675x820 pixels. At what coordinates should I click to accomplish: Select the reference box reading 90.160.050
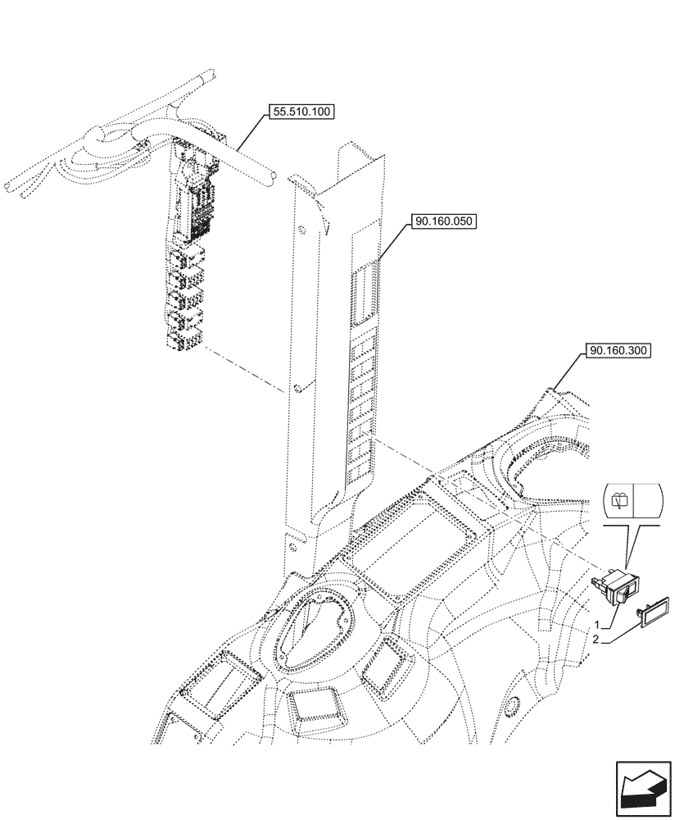pos(446,221)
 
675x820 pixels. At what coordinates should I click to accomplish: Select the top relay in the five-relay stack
pos(185,262)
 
